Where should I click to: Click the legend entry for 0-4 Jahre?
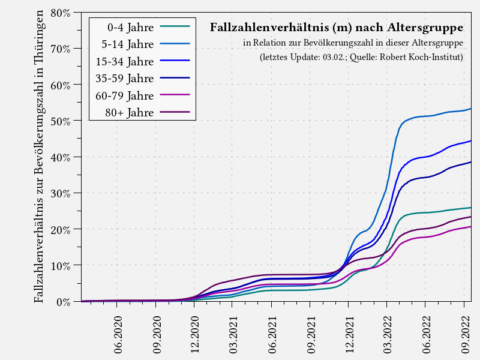(x=130, y=27)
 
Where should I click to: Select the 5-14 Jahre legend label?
(x=128, y=44)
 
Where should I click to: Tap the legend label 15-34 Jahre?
(x=125, y=61)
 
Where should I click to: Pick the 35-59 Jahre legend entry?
(x=125, y=78)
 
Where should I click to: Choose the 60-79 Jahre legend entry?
(x=125, y=95)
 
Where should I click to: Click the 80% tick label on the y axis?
(x=61, y=13)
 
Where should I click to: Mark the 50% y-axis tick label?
(x=61, y=121)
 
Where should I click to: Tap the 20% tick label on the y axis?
(x=61, y=229)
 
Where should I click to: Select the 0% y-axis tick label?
(x=64, y=302)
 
